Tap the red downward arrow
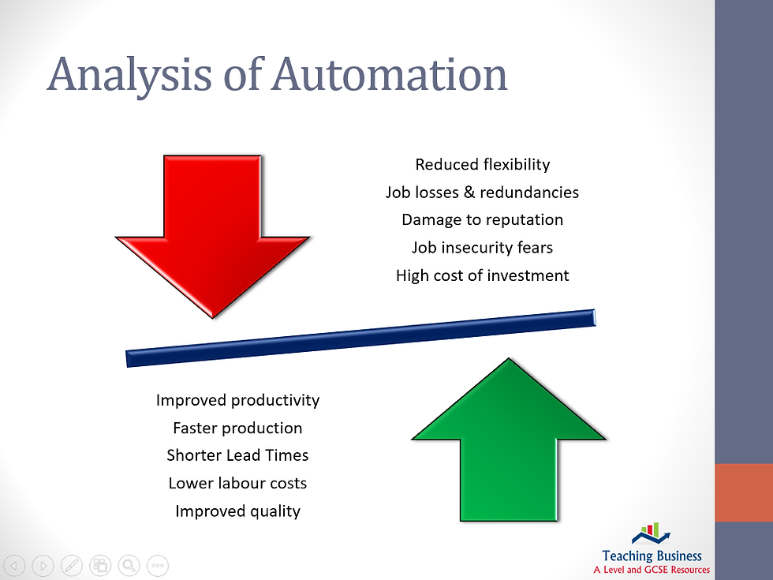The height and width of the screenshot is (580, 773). [x=212, y=229]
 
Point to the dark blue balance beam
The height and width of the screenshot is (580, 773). [x=360, y=337]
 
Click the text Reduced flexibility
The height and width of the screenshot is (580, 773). [x=482, y=164]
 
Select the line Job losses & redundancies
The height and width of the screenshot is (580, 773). [x=482, y=192]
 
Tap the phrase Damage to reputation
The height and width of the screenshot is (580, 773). [x=482, y=219]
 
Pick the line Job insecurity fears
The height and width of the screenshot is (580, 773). [x=482, y=247]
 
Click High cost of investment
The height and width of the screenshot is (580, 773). [x=482, y=275]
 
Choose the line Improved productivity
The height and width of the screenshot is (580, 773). [x=237, y=400]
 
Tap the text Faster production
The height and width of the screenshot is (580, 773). [x=237, y=428]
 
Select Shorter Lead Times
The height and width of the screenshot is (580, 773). [x=237, y=455]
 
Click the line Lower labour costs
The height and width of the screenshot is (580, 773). [x=237, y=483]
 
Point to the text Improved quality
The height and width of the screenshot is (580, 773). [x=237, y=511]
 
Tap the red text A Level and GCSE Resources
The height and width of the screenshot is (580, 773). [x=652, y=569]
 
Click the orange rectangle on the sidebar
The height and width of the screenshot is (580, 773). [x=743, y=492]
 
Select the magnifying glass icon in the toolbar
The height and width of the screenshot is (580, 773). [x=129, y=565]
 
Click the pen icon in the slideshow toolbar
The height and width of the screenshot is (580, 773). [x=71, y=565]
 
